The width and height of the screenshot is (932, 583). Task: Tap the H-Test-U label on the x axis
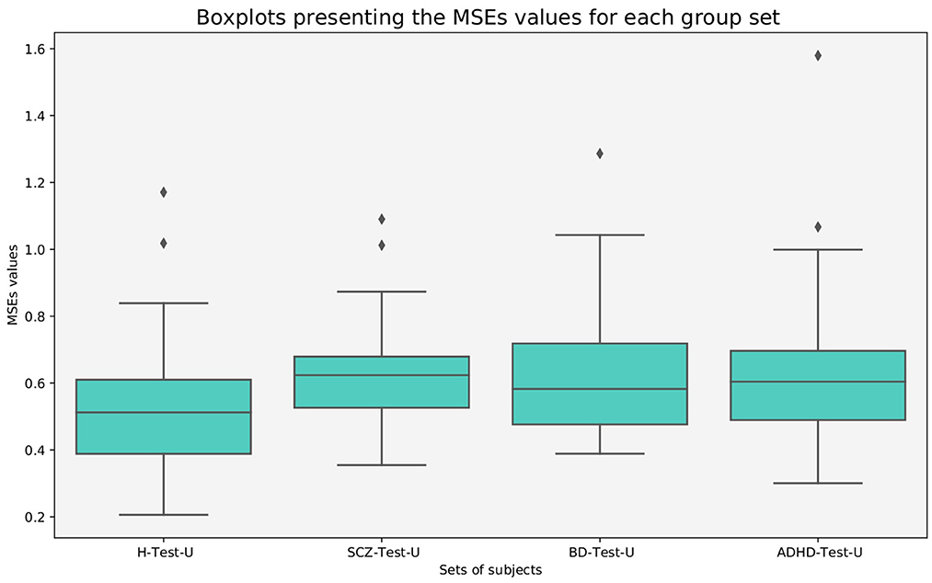pos(163,552)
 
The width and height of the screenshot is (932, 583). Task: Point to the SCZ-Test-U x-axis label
pos(381,552)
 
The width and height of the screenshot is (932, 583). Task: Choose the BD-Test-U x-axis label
pos(599,552)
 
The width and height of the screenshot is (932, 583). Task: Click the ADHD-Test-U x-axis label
pos(817,552)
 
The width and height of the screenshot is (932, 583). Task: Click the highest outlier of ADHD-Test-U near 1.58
pos(817,55)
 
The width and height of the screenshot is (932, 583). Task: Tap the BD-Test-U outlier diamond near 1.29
pos(599,154)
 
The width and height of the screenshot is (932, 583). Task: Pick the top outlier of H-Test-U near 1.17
pos(163,192)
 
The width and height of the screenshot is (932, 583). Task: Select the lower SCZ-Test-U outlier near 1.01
pos(381,246)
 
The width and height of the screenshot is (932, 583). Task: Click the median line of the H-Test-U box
pos(163,413)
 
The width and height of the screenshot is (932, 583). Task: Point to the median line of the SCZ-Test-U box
pos(381,375)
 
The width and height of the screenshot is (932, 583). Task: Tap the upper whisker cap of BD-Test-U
pos(599,235)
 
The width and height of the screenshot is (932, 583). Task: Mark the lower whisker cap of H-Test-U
pos(163,515)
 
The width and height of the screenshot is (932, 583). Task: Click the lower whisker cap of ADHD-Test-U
pos(817,483)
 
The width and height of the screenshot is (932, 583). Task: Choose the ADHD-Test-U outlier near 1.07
pos(817,227)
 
